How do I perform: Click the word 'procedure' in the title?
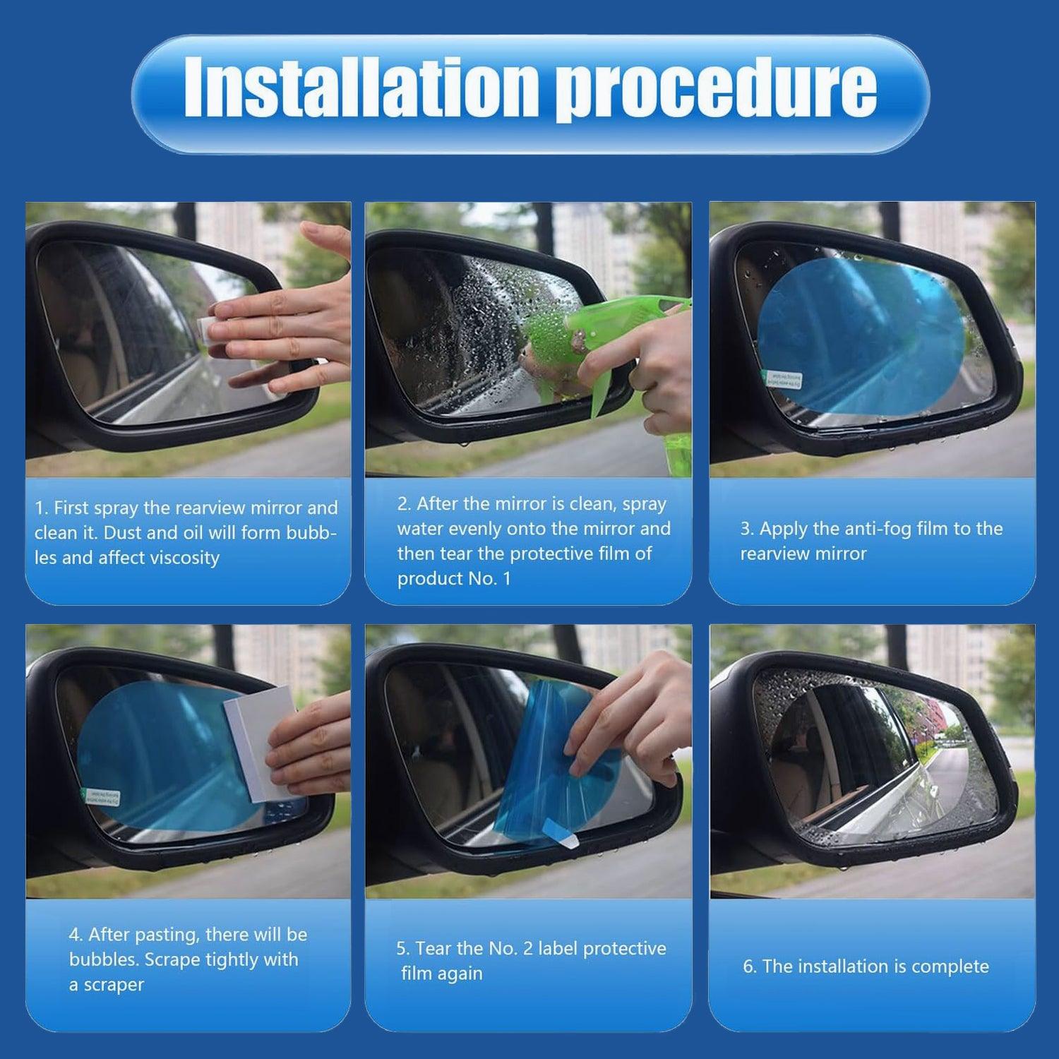pos(716,92)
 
